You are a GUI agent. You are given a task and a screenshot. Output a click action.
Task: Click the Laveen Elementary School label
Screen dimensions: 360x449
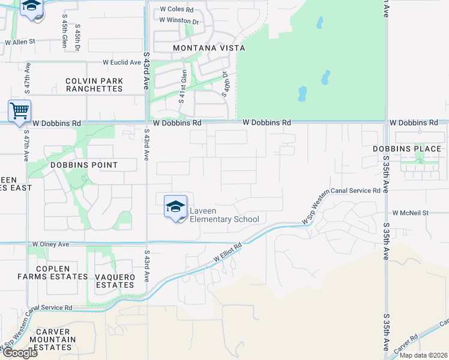tap(224, 215)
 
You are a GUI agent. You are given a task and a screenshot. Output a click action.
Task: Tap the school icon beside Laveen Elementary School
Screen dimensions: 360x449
tap(175, 207)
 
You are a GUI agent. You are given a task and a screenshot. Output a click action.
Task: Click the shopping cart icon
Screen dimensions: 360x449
tap(19, 112)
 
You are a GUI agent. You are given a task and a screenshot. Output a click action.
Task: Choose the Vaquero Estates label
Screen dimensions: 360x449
tap(115, 281)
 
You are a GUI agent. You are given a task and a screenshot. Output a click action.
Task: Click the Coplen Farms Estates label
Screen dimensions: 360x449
tap(52, 272)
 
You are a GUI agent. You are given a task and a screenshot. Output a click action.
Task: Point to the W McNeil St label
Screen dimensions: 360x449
tap(411, 213)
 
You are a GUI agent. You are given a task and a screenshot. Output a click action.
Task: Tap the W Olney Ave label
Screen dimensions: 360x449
tap(51, 244)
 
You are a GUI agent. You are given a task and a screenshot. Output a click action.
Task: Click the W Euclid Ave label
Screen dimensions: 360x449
tap(121, 62)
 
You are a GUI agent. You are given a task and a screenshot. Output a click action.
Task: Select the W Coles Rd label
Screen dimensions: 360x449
tap(176, 10)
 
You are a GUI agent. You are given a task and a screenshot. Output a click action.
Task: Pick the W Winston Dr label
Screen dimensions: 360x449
tap(179, 20)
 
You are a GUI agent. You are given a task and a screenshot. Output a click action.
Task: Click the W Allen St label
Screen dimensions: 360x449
tap(20, 43)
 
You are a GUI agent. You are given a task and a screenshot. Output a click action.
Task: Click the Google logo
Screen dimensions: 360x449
tap(19, 353)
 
